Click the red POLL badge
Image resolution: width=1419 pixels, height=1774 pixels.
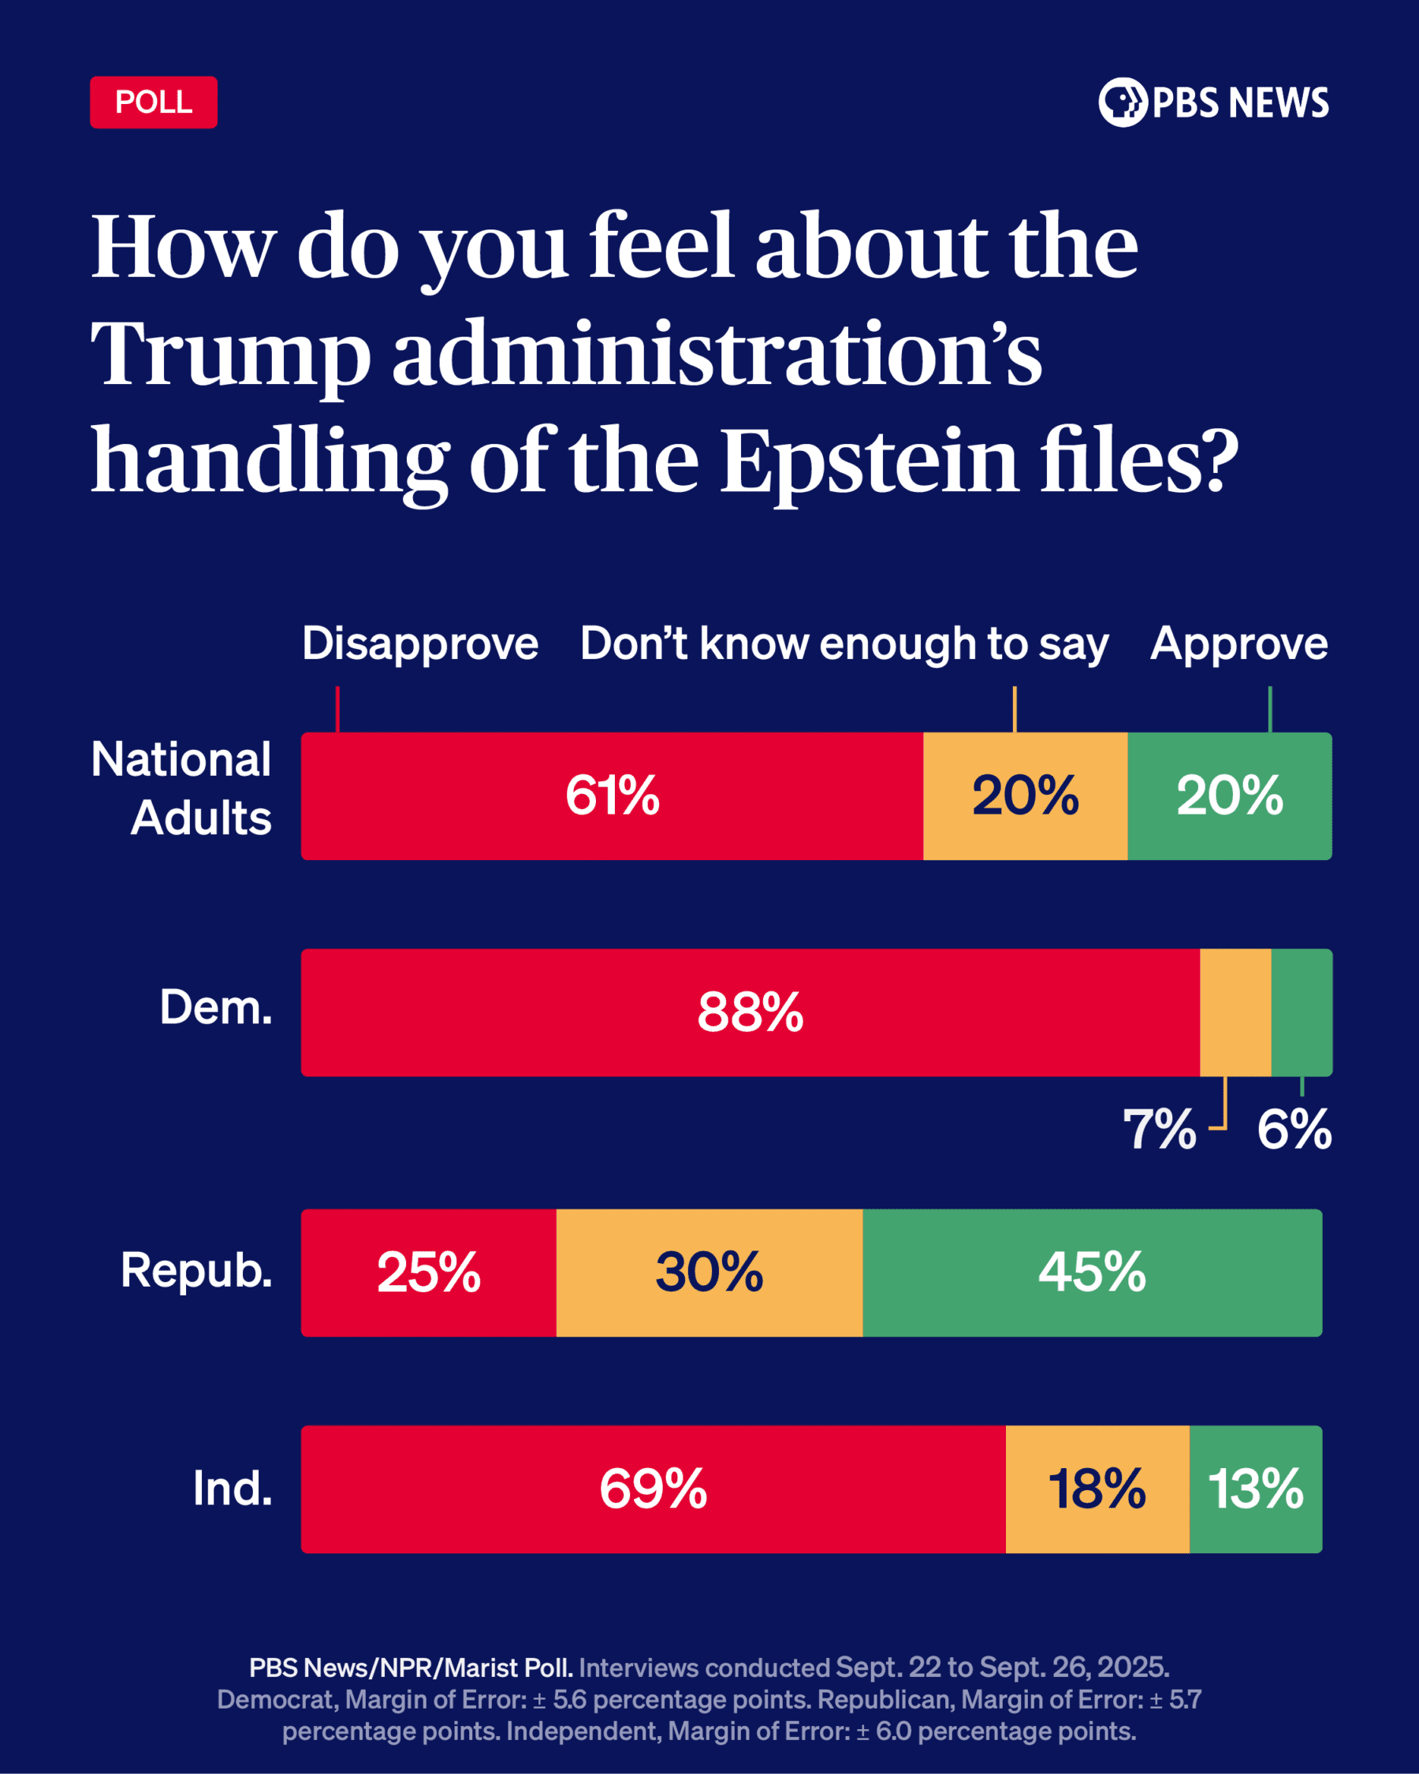click(153, 102)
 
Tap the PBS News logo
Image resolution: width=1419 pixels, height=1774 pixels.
click(1213, 102)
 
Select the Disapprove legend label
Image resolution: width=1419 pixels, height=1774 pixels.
click(419, 643)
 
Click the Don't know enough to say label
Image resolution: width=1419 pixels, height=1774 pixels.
click(844, 643)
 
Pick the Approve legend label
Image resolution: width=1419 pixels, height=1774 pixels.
click(1238, 643)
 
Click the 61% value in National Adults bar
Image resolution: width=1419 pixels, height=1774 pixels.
click(612, 796)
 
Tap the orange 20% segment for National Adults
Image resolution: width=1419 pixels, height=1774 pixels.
click(1025, 796)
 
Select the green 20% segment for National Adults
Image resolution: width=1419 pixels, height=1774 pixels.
click(1229, 796)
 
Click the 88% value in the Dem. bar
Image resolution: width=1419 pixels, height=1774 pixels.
click(750, 1012)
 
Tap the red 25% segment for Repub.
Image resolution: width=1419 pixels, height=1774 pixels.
click(429, 1272)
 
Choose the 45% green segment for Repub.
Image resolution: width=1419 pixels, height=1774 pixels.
click(1092, 1272)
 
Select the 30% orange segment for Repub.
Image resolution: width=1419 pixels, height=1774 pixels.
click(709, 1272)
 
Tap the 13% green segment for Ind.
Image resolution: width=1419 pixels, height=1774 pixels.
click(1255, 1489)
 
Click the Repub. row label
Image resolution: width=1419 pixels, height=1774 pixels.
click(196, 1270)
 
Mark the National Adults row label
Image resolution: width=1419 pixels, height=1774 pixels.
click(182, 788)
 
